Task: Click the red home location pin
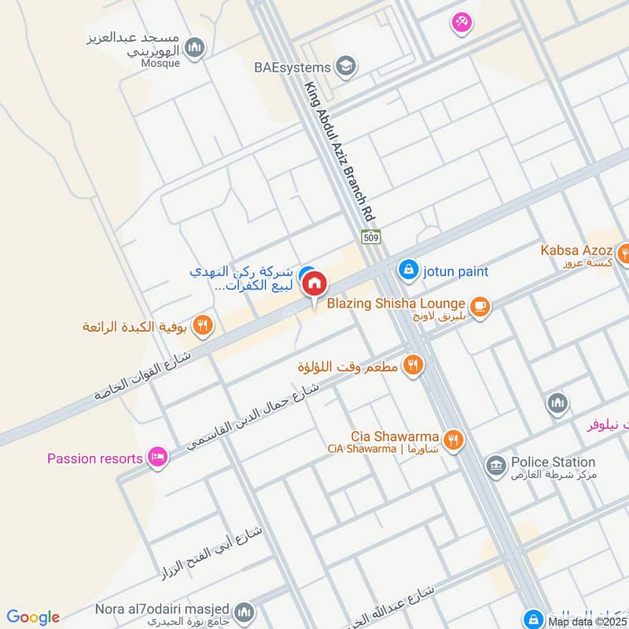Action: coord(314,284)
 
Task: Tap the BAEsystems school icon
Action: coord(344,67)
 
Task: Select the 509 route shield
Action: coord(371,236)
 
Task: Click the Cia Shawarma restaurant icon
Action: coord(452,440)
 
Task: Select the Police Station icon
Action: coord(495,466)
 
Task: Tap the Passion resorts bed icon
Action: coord(158,458)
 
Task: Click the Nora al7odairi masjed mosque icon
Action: coord(245,612)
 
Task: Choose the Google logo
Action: coord(33,617)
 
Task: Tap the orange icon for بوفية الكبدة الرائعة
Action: coord(203,325)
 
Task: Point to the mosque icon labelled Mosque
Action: coord(195,48)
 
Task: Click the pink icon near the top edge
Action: coord(462,23)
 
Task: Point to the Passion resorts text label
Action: coord(94,458)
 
